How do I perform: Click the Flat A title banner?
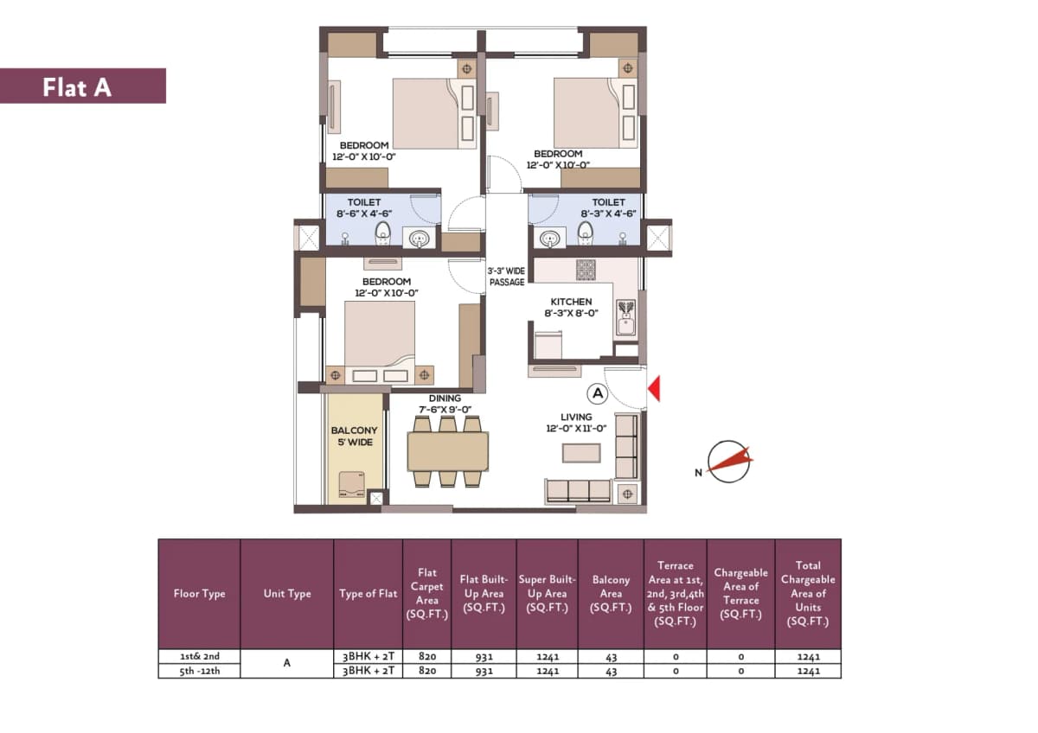point(82,86)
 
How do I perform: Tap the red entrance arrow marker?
point(654,388)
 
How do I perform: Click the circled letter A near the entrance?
point(598,393)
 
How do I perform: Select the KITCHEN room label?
point(571,302)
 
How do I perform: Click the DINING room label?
point(445,398)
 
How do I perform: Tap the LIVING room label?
point(576,417)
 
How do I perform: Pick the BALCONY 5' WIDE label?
point(355,437)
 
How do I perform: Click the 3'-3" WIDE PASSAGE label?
point(507,277)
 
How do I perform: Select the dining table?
point(448,451)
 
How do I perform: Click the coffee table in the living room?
point(581,453)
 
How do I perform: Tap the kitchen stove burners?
point(586,270)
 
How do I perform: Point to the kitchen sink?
point(626,317)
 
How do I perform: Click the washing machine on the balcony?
point(352,485)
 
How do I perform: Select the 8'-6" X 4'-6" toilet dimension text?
point(364,214)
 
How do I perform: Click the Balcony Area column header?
point(611,594)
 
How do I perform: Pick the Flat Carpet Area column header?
point(426,594)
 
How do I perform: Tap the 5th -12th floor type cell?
point(200,671)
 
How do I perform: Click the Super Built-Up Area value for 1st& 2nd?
point(548,657)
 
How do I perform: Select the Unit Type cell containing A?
point(287,664)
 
